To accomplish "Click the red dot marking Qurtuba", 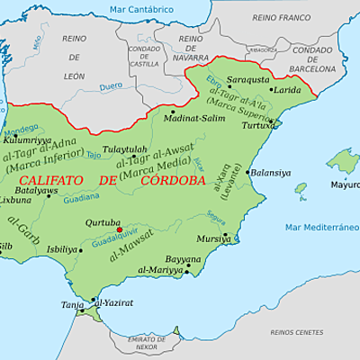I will click(x=120, y=229).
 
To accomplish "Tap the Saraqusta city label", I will click(x=247, y=79).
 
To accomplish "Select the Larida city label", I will click(x=287, y=90).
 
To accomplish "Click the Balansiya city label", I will click(x=270, y=173).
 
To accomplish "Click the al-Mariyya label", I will click(x=160, y=269).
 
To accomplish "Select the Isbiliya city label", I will click(x=62, y=249).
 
